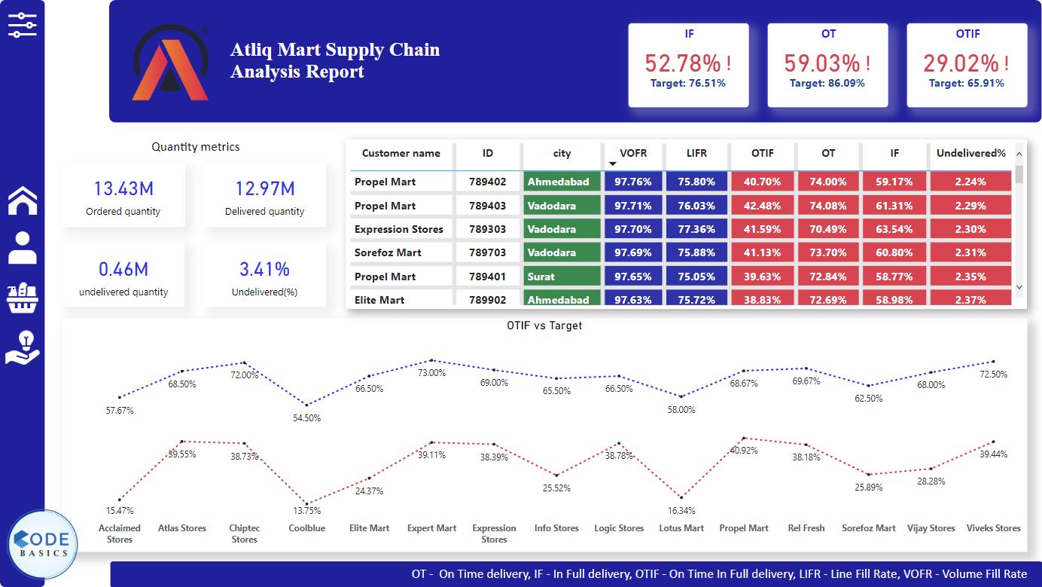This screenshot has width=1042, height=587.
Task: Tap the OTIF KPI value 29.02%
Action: (961, 63)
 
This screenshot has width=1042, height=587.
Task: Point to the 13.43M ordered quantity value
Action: (123, 188)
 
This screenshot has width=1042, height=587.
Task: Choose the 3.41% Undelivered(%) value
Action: (264, 269)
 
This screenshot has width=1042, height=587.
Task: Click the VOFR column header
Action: (633, 153)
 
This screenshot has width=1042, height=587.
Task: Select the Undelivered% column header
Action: (970, 153)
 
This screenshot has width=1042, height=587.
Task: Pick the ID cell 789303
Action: (487, 229)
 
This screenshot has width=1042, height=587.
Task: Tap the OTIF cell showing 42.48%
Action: (762, 206)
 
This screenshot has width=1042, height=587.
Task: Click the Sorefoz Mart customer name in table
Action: (388, 252)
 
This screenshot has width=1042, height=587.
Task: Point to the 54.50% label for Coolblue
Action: (307, 418)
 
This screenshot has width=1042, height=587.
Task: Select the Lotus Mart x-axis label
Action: (681, 528)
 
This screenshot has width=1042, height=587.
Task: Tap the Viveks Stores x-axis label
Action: (993, 528)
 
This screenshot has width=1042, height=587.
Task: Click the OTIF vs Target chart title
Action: (544, 326)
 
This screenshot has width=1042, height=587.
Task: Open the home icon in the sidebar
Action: (23, 200)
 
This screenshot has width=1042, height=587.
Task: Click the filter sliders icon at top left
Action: (22, 25)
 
